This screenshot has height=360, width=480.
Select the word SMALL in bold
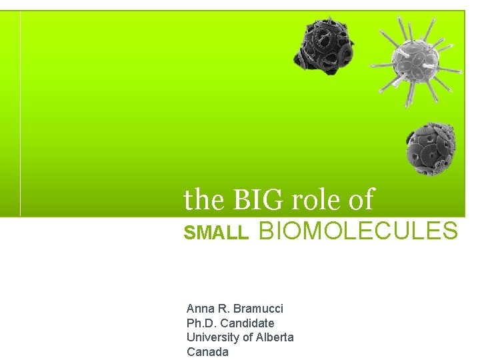tap(216, 233)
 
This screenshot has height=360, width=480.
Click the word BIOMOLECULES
tap(358, 231)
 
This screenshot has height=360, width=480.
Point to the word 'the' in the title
tap(205, 199)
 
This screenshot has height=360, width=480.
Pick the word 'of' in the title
tap(361, 199)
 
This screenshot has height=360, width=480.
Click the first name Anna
tap(200, 309)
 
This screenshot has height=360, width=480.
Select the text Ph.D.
tap(201, 323)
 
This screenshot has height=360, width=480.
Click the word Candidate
tap(247, 323)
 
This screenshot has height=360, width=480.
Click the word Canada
tap(207, 352)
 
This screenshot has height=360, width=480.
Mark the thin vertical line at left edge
tap(20, 113)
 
